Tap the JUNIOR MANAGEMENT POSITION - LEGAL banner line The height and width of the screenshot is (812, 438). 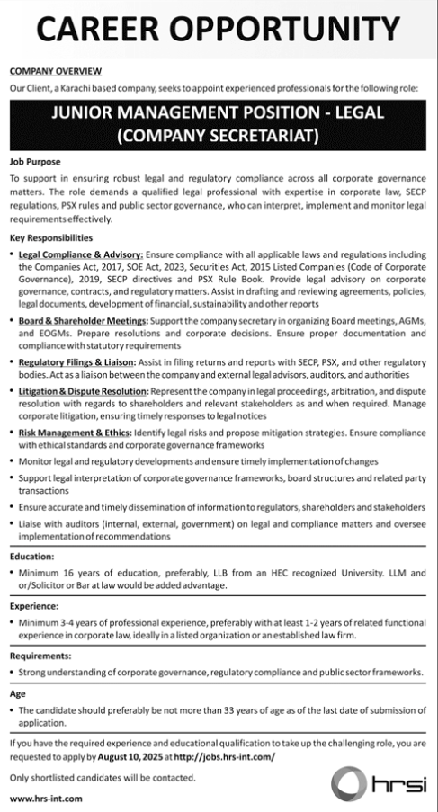pyautogui.click(x=219, y=115)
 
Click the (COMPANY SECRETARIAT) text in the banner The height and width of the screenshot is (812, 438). pyautogui.click(x=219, y=138)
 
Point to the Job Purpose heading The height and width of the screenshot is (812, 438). pyautogui.click(x=36, y=163)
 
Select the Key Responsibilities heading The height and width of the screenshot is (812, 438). pyautogui.click(x=51, y=238)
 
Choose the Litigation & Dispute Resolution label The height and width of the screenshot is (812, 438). pyautogui.click(x=83, y=392)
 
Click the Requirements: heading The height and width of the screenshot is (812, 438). pyautogui.click(x=40, y=656)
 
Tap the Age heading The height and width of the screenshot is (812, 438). pyautogui.click(x=18, y=693)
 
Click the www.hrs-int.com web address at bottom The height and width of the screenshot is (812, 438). pyautogui.click(x=47, y=798)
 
